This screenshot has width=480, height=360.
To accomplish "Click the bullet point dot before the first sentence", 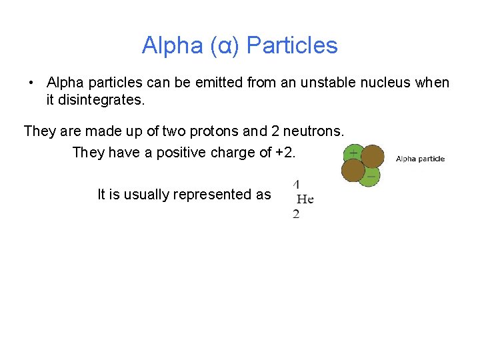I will (31, 83).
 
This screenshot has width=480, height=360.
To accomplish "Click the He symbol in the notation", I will (305, 199).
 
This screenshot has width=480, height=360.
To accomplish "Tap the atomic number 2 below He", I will (296, 214).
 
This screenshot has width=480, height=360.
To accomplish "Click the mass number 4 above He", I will (296, 184).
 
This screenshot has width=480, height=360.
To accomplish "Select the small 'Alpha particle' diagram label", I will (420, 159).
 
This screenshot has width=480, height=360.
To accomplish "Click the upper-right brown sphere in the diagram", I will (373, 156).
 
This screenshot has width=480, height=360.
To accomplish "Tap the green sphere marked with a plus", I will (352, 153).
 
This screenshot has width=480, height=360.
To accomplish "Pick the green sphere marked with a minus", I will (369, 176).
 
